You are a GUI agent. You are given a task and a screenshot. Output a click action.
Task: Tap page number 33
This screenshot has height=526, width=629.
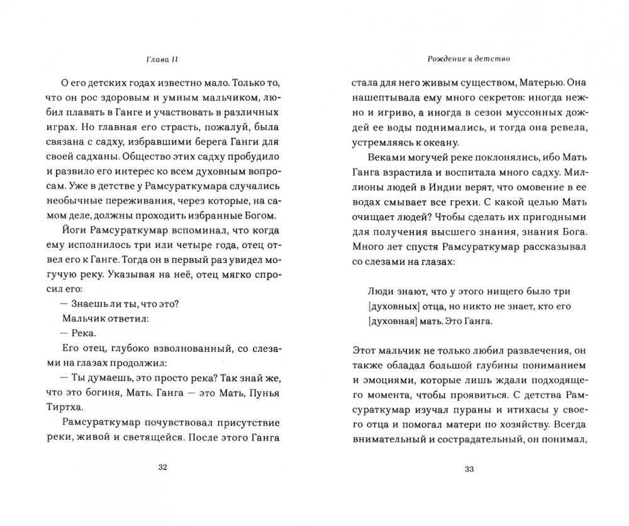(x=469, y=467)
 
